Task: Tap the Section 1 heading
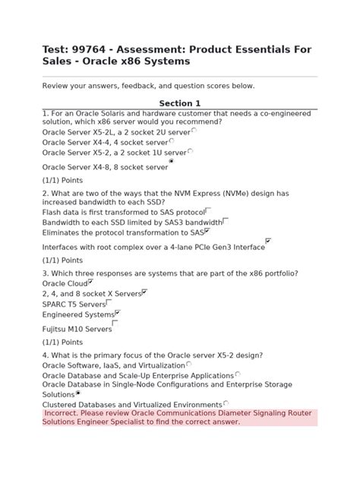tap(179, 103)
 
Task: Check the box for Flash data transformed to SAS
tap(207, 211)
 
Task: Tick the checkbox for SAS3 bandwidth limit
tap(225, 221)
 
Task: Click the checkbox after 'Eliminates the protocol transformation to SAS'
tap(207, 231)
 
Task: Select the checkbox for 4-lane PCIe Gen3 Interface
tap(268, 242)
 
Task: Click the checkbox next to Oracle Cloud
tap(91, 281)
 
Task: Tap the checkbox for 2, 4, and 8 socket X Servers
tap(144, 291)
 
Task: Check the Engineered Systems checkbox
tap(118, 312)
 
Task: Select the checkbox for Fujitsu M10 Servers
tap(115, 324)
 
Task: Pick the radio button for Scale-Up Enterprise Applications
tap(238, 374)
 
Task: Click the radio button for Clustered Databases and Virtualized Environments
tap(226, 403)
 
